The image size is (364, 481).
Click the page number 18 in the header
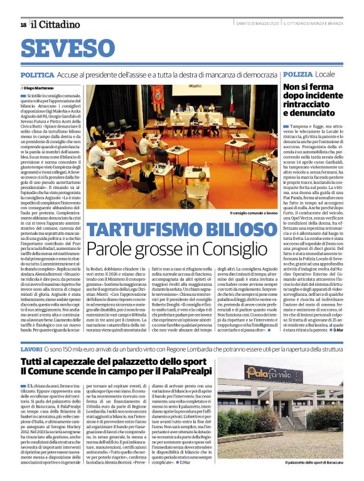(x=23, y=24)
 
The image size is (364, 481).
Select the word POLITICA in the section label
(x=36, y=75)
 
